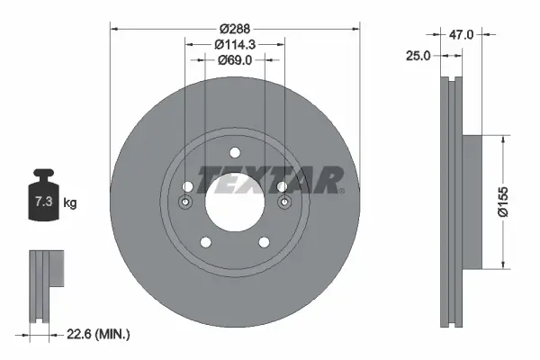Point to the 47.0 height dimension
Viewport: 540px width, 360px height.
[462, 34]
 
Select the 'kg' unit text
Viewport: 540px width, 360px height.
[69, 202]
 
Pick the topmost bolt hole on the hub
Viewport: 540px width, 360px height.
[234, 152]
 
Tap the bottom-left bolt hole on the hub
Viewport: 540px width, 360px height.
[205, 241]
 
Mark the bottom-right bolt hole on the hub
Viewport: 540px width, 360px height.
[264, 241]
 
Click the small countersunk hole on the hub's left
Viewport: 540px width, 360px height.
[185, 202]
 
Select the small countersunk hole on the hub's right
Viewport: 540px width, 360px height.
[283, 202]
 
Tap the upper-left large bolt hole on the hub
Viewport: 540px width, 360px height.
[188, 187]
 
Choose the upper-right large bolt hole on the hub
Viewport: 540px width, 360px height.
[281, 187]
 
